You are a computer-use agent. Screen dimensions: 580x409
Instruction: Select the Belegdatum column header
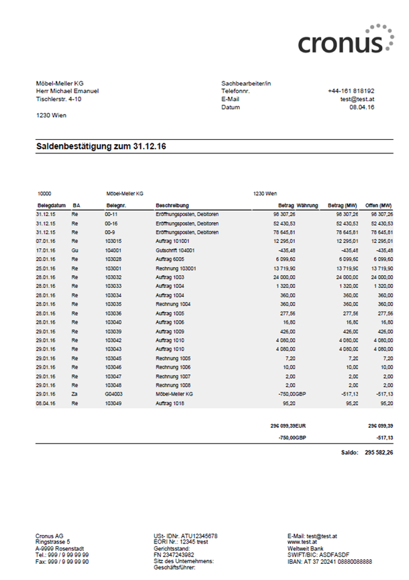[50, 205]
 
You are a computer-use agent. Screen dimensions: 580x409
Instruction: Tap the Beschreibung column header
[173, 205]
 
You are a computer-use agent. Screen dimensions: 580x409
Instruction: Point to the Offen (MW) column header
[378, 205]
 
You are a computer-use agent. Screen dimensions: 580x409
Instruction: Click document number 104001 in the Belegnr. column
[113, 249]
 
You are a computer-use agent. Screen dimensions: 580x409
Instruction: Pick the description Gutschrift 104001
[175, 249]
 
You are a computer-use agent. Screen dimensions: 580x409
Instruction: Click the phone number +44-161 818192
[351, 91]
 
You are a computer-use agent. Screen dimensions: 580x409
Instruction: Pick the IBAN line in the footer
[330, 561]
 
